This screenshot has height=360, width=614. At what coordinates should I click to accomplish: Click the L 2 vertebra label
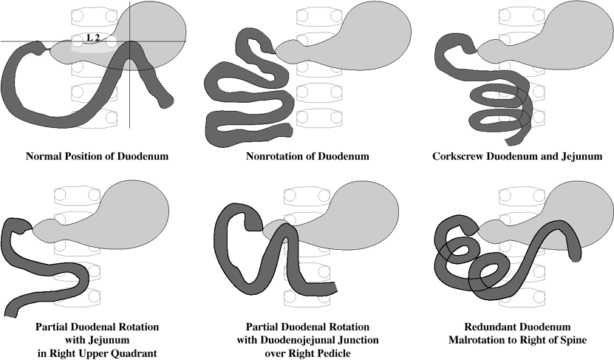[93, 38]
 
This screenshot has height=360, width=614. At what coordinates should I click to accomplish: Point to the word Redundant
[494, 326]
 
